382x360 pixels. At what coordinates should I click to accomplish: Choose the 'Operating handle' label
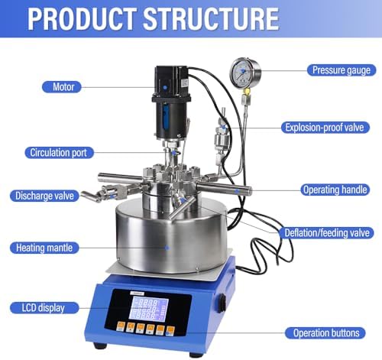click(x=335, y=190)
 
